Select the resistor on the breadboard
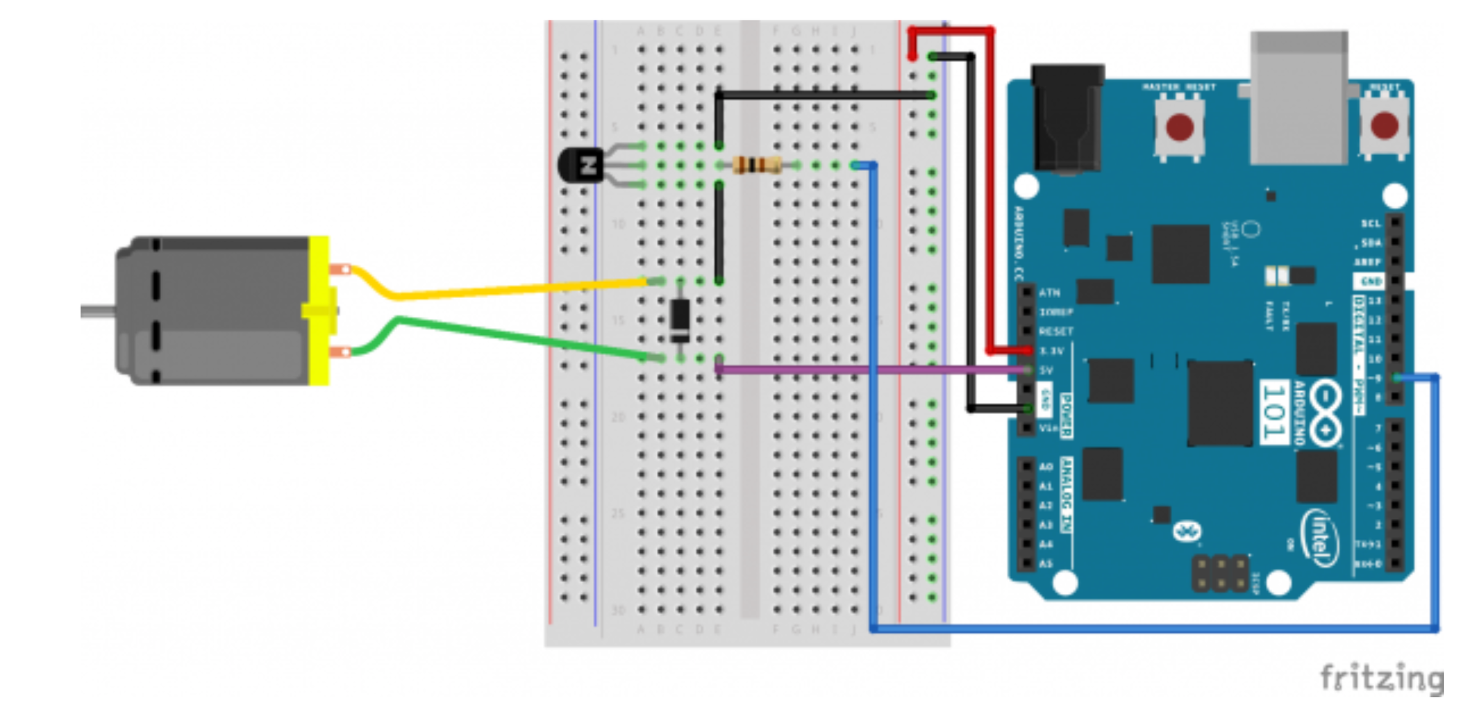point(757,165)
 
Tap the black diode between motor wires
point(680,320)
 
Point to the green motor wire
point(518,337)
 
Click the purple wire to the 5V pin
point(863,370)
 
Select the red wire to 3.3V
point(991,185)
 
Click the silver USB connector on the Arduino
point(1298,99)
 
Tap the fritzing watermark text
point(1381,678)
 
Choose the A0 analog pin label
point(1046,466)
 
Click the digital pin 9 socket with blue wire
point(1395,378)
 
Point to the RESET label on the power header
point(1056,331)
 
